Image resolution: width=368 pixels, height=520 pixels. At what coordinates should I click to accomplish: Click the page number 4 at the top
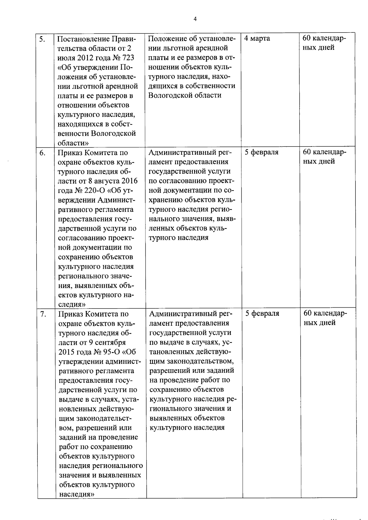(x=195, y=19)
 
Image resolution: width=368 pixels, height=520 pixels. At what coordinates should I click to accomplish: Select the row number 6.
(x=43, y=153)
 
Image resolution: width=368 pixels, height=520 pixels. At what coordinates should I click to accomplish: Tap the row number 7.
(x=43, y=314)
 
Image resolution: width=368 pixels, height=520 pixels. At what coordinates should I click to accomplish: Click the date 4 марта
(x=257, y=39)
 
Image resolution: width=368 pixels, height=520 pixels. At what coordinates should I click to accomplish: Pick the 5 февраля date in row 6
(x=261, y=152)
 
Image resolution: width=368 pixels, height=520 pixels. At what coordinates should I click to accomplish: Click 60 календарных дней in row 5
(x=324, y=43)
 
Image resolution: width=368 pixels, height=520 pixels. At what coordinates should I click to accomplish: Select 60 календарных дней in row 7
(x=325, y=318)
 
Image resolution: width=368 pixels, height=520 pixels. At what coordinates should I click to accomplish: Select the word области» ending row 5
(x=73, y=143)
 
